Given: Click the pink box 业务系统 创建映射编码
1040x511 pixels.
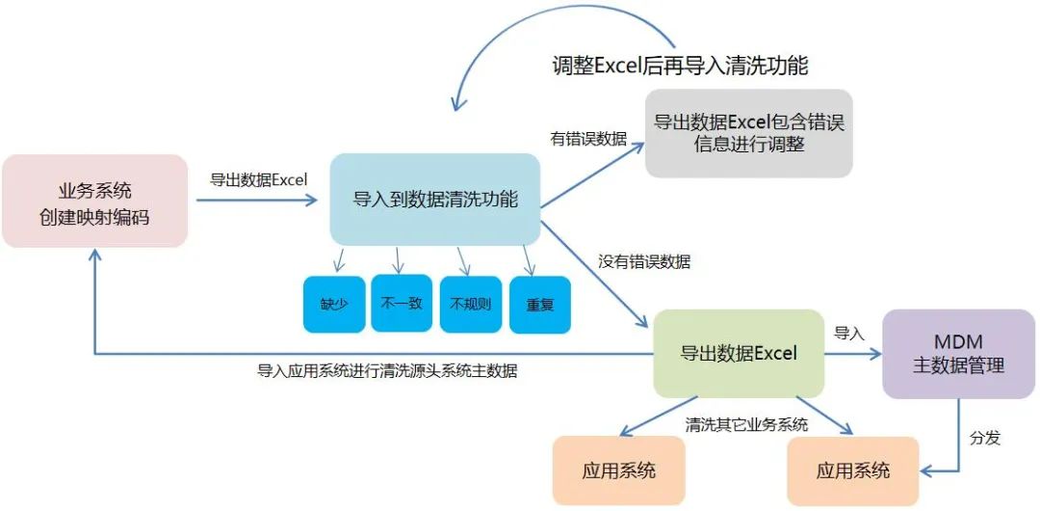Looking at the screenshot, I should click(94, 201).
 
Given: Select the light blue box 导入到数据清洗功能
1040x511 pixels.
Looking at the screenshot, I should click(435, 200).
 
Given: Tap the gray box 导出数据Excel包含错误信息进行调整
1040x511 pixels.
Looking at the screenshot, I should click(748, 133).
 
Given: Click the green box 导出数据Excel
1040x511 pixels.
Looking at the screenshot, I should click(739, 353).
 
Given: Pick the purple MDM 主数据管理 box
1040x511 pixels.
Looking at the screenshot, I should click(958, 354).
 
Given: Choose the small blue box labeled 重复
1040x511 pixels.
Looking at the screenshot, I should click(539, 305).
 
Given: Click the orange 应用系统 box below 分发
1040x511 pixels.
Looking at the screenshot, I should click(853, 471).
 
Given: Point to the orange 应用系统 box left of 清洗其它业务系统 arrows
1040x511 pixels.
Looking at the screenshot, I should click(619, 471).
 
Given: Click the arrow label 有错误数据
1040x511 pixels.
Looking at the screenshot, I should click(588, 140).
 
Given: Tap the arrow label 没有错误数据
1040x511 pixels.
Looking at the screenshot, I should click(644, 261).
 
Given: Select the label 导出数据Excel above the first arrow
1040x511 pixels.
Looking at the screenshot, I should click(258, 179).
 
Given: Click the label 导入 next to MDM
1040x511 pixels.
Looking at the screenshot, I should click(848, 334).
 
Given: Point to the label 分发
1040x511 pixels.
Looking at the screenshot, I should click(985, 438).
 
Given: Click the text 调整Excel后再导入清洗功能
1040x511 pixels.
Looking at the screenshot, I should click(680, 66).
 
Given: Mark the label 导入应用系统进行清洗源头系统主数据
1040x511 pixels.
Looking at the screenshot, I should click(386, 370).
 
